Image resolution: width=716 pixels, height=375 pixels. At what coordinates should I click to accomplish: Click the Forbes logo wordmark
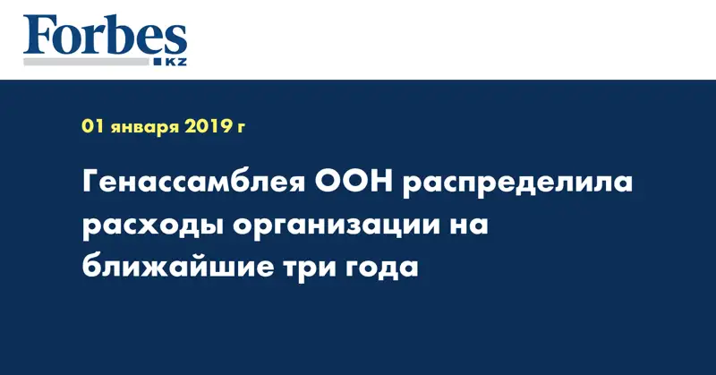pos(105,38)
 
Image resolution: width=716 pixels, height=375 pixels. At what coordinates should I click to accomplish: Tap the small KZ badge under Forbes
pos(174,61)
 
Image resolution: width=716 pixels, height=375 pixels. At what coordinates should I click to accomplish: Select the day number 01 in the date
pos(91,128)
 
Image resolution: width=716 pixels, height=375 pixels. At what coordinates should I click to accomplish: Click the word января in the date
pos(141,129)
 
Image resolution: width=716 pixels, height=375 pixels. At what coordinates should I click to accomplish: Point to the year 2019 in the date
pos(209,128)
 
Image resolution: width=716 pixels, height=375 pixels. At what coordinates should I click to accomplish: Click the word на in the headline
pos(470,226)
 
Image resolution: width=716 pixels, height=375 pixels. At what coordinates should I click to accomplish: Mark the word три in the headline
pos(316,268)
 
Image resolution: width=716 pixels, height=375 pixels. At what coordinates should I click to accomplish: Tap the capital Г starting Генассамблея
pos(92,185)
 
